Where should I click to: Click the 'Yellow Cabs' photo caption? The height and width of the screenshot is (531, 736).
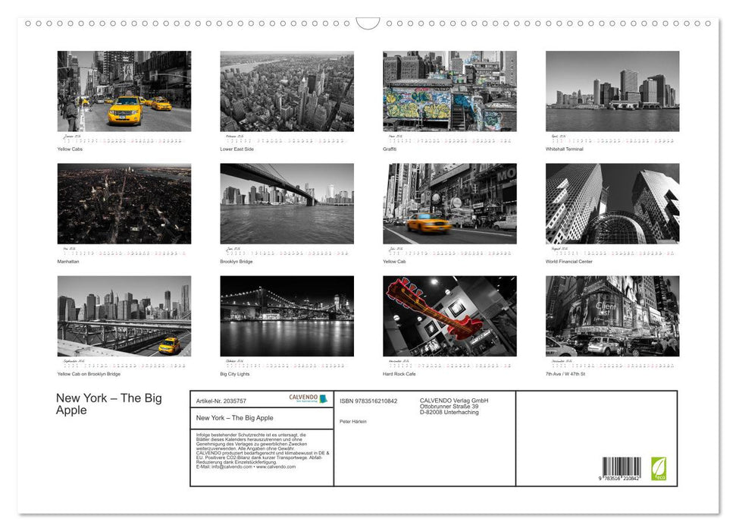[70, 149]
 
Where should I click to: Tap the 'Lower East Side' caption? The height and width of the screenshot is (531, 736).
[236, 149]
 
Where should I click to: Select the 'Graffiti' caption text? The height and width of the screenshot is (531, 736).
[390, 149]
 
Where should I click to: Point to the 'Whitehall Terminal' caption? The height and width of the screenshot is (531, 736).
[565, 149]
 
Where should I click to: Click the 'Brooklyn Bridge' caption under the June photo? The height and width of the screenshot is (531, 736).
[236, 262]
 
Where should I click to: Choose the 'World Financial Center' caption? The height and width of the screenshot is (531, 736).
[568, 262]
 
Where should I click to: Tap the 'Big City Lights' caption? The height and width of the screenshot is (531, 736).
[235, 374]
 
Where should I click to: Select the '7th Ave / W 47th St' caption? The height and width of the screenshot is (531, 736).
[565, 374]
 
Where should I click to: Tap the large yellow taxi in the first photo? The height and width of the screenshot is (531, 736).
[125, 112]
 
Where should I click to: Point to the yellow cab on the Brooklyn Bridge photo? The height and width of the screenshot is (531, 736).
[169, 345]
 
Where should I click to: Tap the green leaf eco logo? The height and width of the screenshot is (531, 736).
[659, 467]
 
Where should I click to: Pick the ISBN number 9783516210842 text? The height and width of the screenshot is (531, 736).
[368, 401]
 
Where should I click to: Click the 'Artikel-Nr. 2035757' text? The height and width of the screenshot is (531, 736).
[221, 401]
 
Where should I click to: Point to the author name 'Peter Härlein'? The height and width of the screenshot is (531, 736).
[353, 421]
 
